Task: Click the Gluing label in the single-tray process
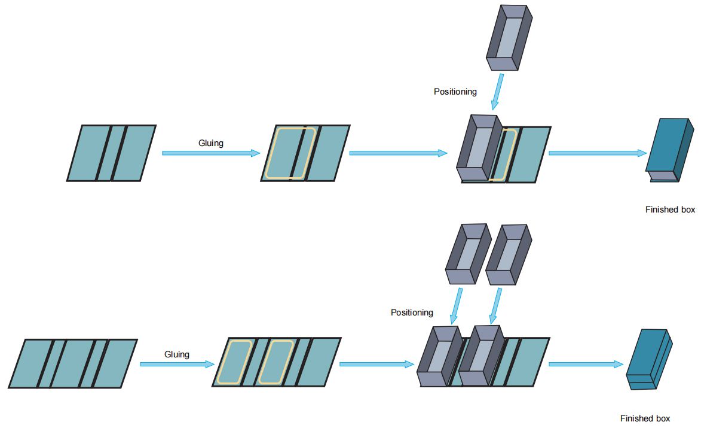(210, 144)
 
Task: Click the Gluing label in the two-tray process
(177, 354)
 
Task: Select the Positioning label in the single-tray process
(455, 92)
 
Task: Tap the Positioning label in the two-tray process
(412, 312)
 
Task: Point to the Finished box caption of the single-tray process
(670, 210)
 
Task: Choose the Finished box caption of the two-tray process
(645, 418)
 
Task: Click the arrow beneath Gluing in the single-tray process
(211, 153)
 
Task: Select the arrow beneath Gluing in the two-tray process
(177, 364)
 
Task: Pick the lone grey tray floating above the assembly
(508, 39)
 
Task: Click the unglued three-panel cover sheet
(111, 153)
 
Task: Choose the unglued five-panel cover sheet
(73, 363)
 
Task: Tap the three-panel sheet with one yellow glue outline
(305, 153)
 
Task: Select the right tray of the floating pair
(506, 254)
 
